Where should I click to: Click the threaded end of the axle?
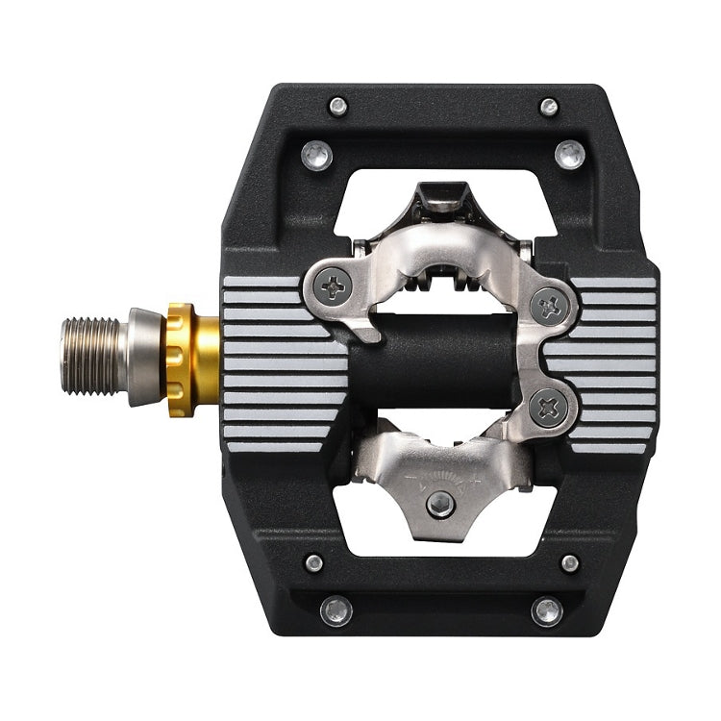click(92, 357)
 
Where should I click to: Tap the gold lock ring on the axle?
click(180, 359)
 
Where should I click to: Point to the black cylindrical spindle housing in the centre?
click(433, 360)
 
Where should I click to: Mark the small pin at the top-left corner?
click(337, 106)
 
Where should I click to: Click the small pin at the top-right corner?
click(549, 106)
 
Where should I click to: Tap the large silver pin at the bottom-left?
click(336, 610)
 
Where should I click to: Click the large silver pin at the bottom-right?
click(547, 610)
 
